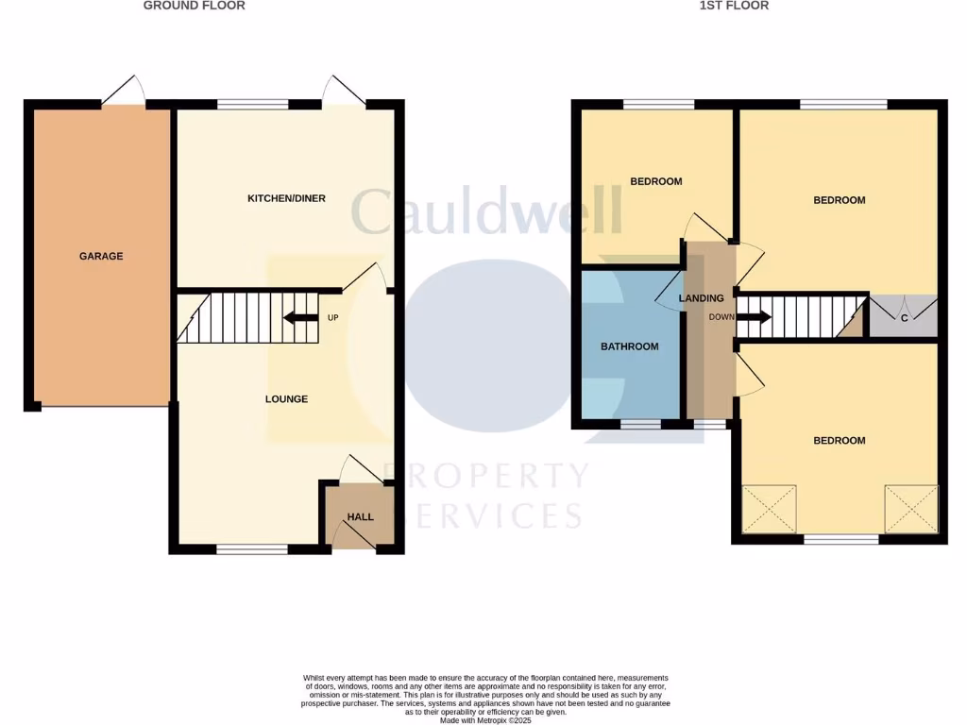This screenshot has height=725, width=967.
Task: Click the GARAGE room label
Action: [x=101, y=256]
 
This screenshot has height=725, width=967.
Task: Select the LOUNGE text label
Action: [x=286, y=399]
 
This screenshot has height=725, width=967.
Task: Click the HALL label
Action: [x=360, y=517]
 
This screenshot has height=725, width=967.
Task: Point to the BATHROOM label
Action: [x=630, y=346]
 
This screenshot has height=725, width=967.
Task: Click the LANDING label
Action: [x=701, y=298]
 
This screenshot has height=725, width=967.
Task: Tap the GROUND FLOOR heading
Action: [x=194, y=6]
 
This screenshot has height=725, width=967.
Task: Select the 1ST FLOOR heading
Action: [x=734, y=6]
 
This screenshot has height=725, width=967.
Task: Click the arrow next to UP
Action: [x=300, y=318]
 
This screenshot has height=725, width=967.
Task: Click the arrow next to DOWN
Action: [x=754, y=317]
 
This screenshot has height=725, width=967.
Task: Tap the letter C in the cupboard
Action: [x=904, y=318]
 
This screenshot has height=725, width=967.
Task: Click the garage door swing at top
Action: [x=124, y=91]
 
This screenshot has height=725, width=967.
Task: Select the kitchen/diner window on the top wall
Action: [x=252, y=105]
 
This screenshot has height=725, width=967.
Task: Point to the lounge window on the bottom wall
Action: [x=252, y=548]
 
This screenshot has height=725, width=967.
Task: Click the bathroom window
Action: [x=641, y=425]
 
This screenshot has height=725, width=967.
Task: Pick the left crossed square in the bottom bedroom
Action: [x=770, y=510]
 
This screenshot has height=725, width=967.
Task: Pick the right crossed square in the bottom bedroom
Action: [x=911, y=510]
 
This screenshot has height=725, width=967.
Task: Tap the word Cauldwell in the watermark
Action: [x=486, y=211]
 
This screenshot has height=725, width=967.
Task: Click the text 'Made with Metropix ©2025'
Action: [x=485, y=719]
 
